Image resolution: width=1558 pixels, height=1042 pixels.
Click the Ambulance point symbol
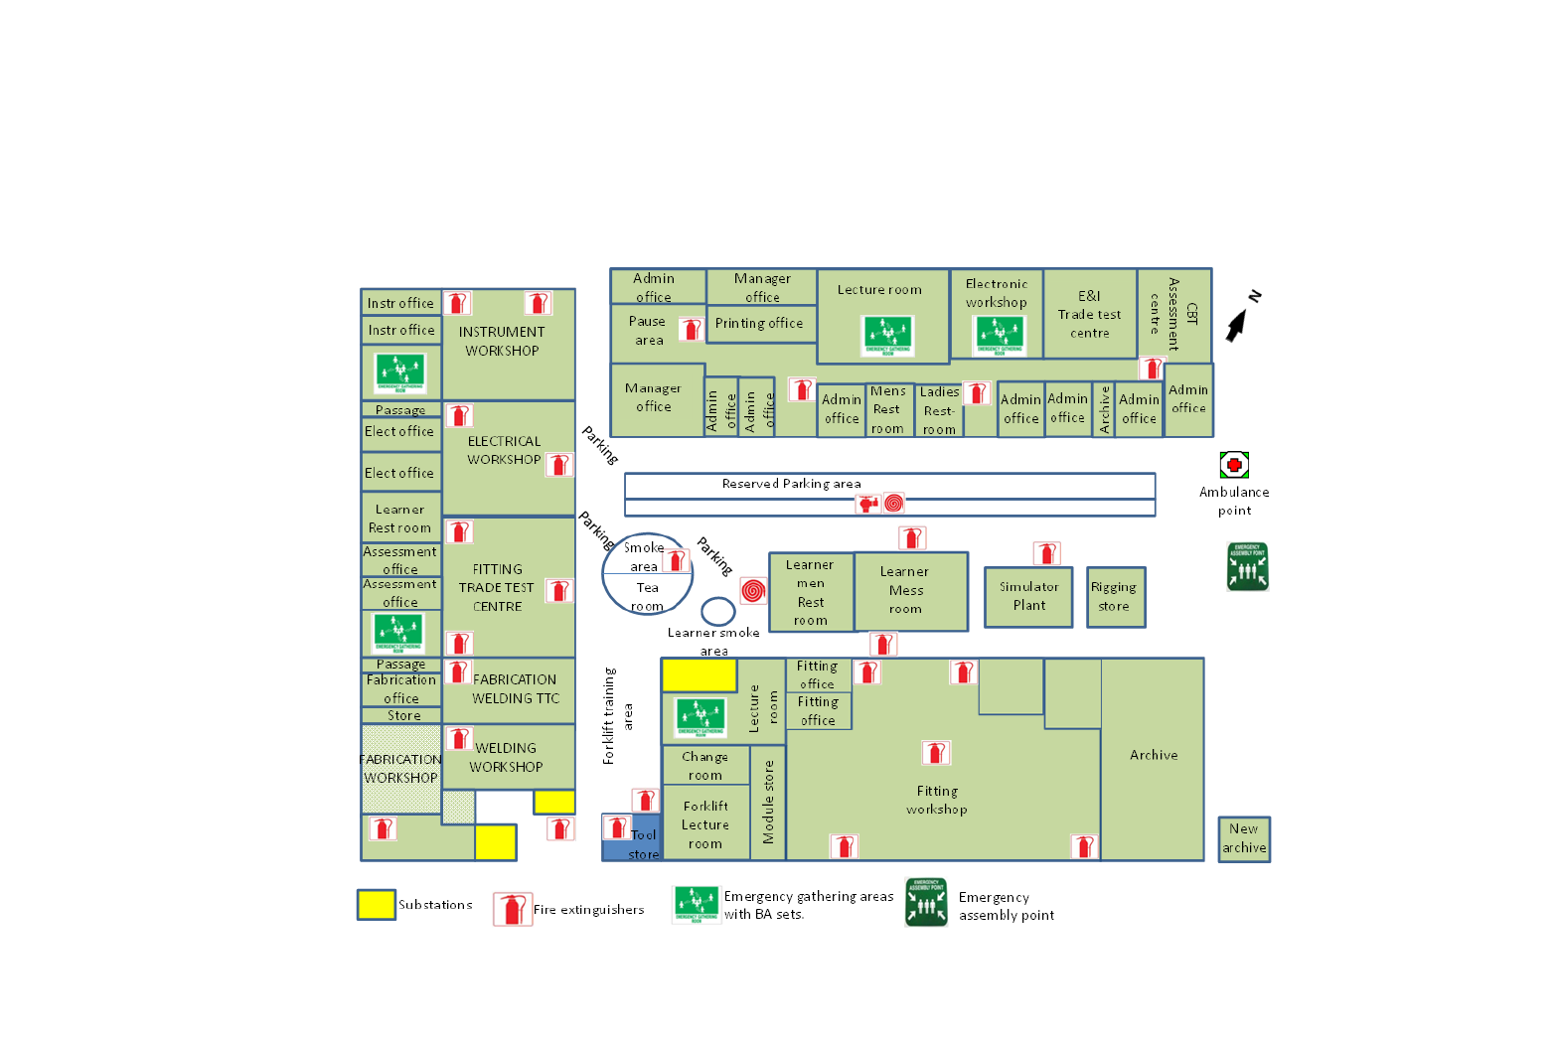(1234, 464)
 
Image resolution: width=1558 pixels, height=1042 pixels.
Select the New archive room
(1244, 839)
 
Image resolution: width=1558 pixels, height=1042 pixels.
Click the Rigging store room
(1116, 597)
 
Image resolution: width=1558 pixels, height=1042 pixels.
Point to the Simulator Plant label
(1028, 596)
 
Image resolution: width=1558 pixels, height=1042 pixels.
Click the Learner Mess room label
(905, 590)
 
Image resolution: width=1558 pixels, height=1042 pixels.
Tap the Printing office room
(760, 324)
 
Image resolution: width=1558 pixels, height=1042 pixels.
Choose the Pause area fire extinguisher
(691, 329)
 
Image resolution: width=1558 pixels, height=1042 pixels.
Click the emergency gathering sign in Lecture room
(887, 335)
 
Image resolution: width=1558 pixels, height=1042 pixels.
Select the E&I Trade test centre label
(1089, 314)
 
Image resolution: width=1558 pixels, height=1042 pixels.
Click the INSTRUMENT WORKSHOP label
(502, 341)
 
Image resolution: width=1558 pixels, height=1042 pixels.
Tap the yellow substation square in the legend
(377, 905)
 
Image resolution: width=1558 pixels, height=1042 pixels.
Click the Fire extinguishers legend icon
(513, 909)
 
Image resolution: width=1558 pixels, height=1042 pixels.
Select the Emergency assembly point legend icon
(926, 902)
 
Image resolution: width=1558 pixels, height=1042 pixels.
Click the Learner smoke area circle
(718, 611)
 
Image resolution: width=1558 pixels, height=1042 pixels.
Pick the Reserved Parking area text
(791, 484)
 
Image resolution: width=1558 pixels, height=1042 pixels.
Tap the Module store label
(768, 803)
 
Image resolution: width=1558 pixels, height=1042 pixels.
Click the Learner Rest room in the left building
(400, 519)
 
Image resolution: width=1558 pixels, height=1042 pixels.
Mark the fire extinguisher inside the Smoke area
(676, 561)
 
